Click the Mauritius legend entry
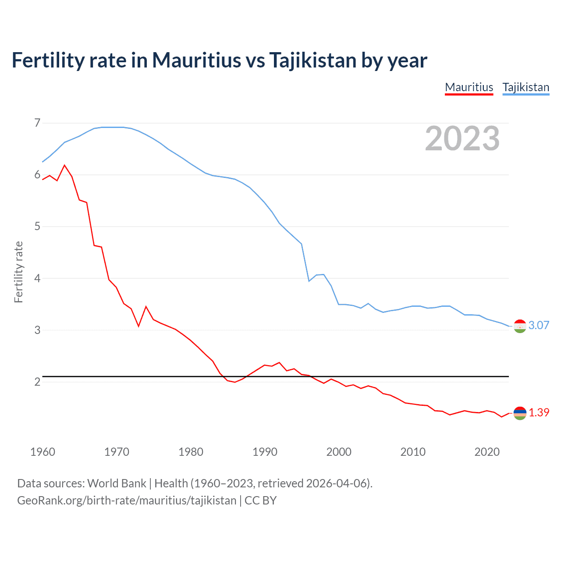pyautogui.click(x=469, y=87)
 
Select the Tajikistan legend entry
pyautogui.click(x=525, y=87)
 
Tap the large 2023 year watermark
pyautogui.click(x=462, y=138)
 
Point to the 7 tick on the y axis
pyautogui.click(x=37, y=123)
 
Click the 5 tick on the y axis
pyautogui.click(x=37, y=227)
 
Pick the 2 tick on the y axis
pyautogui.click(x=37, y=382)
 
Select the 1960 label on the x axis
pyautogui.click(x=43, y=452)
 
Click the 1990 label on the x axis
pyautogui.click(x=265, y=452)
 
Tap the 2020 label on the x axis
pyautogui.click(x=487, y=452)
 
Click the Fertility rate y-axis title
pyautogui.click(x=18, y=272)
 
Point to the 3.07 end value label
pyautogui.click(x=539, y=325)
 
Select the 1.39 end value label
pyautogui.click(x=539, y=412)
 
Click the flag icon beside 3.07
pyautogui.click(x=520, y=326)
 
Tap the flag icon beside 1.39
pyautogui.click(x=520, y=413)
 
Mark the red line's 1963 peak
pyautogui.click(x=65, y=165)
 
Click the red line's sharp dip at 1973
pyautogui.click(x=138, y=326)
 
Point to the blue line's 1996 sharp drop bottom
pyautogui.click(x=309, y=281)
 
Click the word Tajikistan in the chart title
pyautogui.click(x=312, y=60)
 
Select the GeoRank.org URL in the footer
pyautogui.click(x=127, y=501)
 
